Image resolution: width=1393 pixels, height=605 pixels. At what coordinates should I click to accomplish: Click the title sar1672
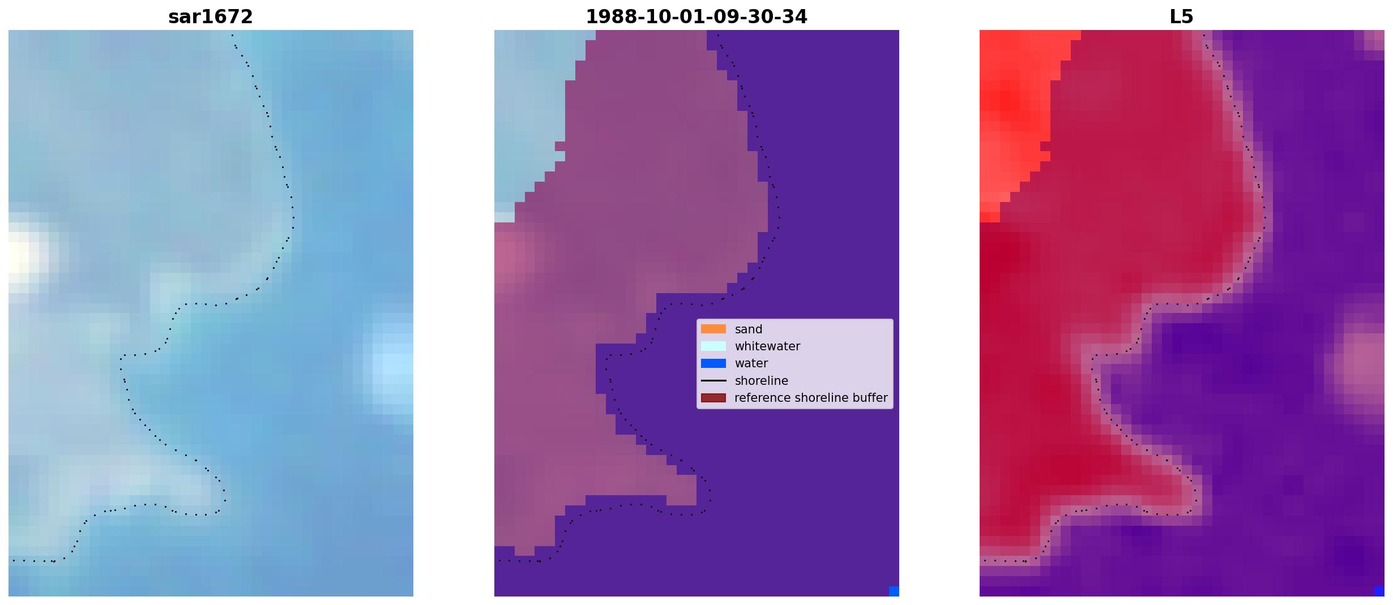click(211, 16)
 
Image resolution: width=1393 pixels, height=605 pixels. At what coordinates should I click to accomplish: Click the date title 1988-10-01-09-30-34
click(696, 16)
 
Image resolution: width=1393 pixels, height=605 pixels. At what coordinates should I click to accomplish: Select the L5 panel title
click(1182, 16)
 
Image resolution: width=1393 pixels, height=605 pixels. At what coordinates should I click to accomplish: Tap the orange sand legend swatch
click(713, 329)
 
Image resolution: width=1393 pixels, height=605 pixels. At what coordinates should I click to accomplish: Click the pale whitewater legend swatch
click(713, 346)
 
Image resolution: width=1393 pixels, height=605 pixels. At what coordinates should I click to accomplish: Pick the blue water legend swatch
click(713, 363)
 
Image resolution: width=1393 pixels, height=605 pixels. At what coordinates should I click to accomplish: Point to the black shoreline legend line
click(713, 380)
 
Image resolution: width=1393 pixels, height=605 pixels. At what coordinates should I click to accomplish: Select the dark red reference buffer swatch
click(713, 398)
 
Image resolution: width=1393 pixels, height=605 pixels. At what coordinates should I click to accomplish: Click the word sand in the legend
click(749, 329)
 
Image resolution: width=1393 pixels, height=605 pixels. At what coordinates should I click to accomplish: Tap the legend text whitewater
click(767, 346)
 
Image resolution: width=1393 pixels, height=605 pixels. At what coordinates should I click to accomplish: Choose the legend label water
click(751, 363)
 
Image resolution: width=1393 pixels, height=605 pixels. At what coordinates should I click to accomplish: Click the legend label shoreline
click(762, 381)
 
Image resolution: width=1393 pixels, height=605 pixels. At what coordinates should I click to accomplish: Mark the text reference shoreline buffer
click(811, 398)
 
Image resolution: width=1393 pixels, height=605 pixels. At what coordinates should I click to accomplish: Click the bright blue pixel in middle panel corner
click(894, 591)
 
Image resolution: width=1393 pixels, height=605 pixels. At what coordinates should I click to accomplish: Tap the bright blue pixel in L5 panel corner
click(1379, 591)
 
